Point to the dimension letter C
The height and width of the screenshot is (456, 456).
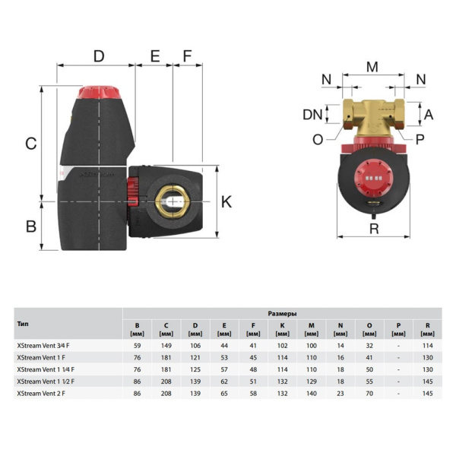31,143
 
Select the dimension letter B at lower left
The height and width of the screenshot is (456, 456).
31,226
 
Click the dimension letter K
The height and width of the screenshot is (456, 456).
226,201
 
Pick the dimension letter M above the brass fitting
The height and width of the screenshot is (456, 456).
372,67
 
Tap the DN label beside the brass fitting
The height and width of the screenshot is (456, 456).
312,115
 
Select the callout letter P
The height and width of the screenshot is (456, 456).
420,138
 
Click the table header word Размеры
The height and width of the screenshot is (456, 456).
282,313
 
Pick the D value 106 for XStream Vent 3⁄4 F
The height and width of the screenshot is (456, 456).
195,345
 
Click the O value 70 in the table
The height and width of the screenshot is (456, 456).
369,393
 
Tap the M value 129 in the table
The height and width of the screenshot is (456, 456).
312,381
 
